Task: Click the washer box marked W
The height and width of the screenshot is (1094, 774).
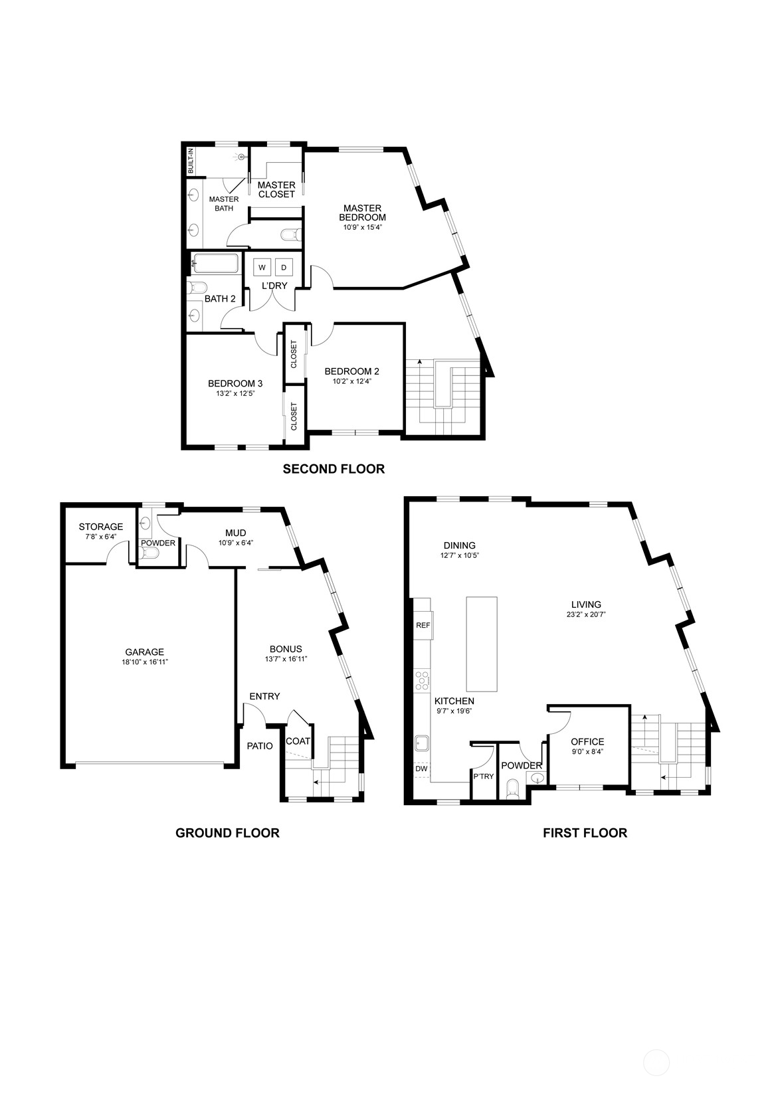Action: (262, 267)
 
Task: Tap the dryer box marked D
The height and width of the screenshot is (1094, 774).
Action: (284, 267)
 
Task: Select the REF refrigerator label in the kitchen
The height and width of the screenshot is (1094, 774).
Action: (423, 624)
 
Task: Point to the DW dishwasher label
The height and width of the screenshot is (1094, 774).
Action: (421, 769)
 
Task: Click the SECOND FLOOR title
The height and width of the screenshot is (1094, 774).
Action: (334, 469)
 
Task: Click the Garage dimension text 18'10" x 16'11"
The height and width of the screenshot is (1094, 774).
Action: (145, 662)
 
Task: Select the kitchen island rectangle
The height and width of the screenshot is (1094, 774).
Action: (482, 644)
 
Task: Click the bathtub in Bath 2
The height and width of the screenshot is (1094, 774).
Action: (215, 264)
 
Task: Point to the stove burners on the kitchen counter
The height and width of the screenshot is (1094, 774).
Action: (422, 681)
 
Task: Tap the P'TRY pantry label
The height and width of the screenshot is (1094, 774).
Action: (483, 776)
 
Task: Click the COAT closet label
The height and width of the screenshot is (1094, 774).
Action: (298, 741)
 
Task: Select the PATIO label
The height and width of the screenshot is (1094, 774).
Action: (260, 746)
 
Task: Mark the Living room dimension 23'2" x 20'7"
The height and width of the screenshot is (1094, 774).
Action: (587, 615)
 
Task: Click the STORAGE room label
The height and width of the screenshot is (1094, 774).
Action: (101, 527)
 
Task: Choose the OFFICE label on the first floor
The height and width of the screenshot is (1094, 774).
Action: (587, 741)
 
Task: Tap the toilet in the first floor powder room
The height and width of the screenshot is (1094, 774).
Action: (513, 787)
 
